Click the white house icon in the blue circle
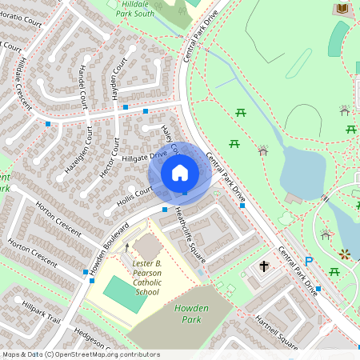tap(180, 172)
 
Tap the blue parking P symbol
tap(308, 261)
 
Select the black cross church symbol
tap(264, 265)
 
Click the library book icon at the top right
tap(342, 8)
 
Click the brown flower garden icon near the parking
tap(344, 254)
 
